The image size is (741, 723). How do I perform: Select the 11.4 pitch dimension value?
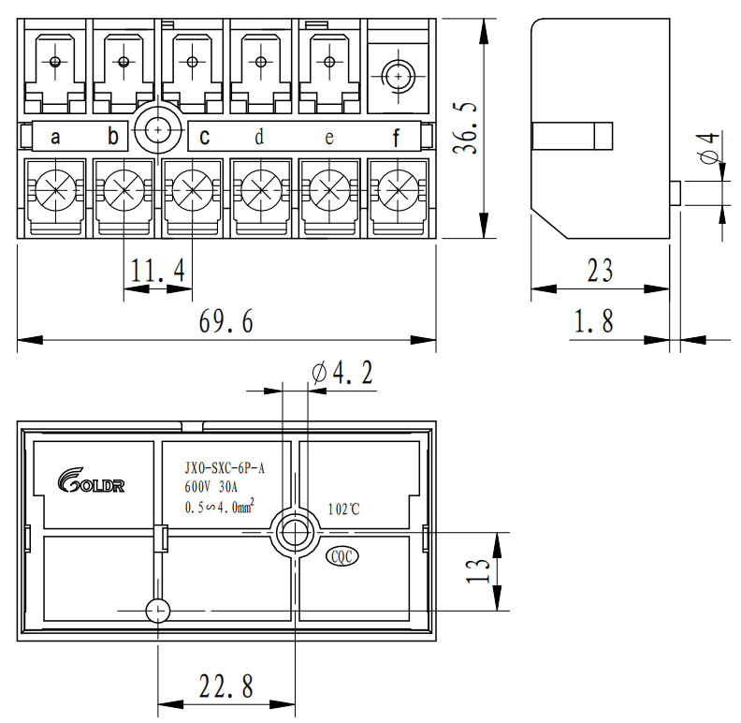pyautogui.click(x=157, y=272)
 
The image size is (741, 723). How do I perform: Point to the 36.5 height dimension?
pyautogui.click(x=470, y=128)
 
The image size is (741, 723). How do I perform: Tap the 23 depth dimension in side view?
pyautogui.click(x=600, y=271)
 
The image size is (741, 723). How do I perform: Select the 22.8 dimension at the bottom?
pyautogui.click(x=225, y=687)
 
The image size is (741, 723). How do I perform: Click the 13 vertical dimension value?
pyautogui.click(x=478, y=571)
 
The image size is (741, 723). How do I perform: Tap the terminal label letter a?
pyautogui.click(x=55, y=138)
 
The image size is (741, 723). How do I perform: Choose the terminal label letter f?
pyautogui.click(x=396, y=139)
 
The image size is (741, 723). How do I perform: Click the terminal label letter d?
pyautogui.click(x=259, y=138)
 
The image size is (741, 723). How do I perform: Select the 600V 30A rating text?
pyautogui.click(x=212, y=487)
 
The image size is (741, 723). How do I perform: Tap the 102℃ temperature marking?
pyautogui.click(x=344, y=509)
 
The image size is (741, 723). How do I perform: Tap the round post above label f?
pyautogui.click(x=399, y=74)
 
